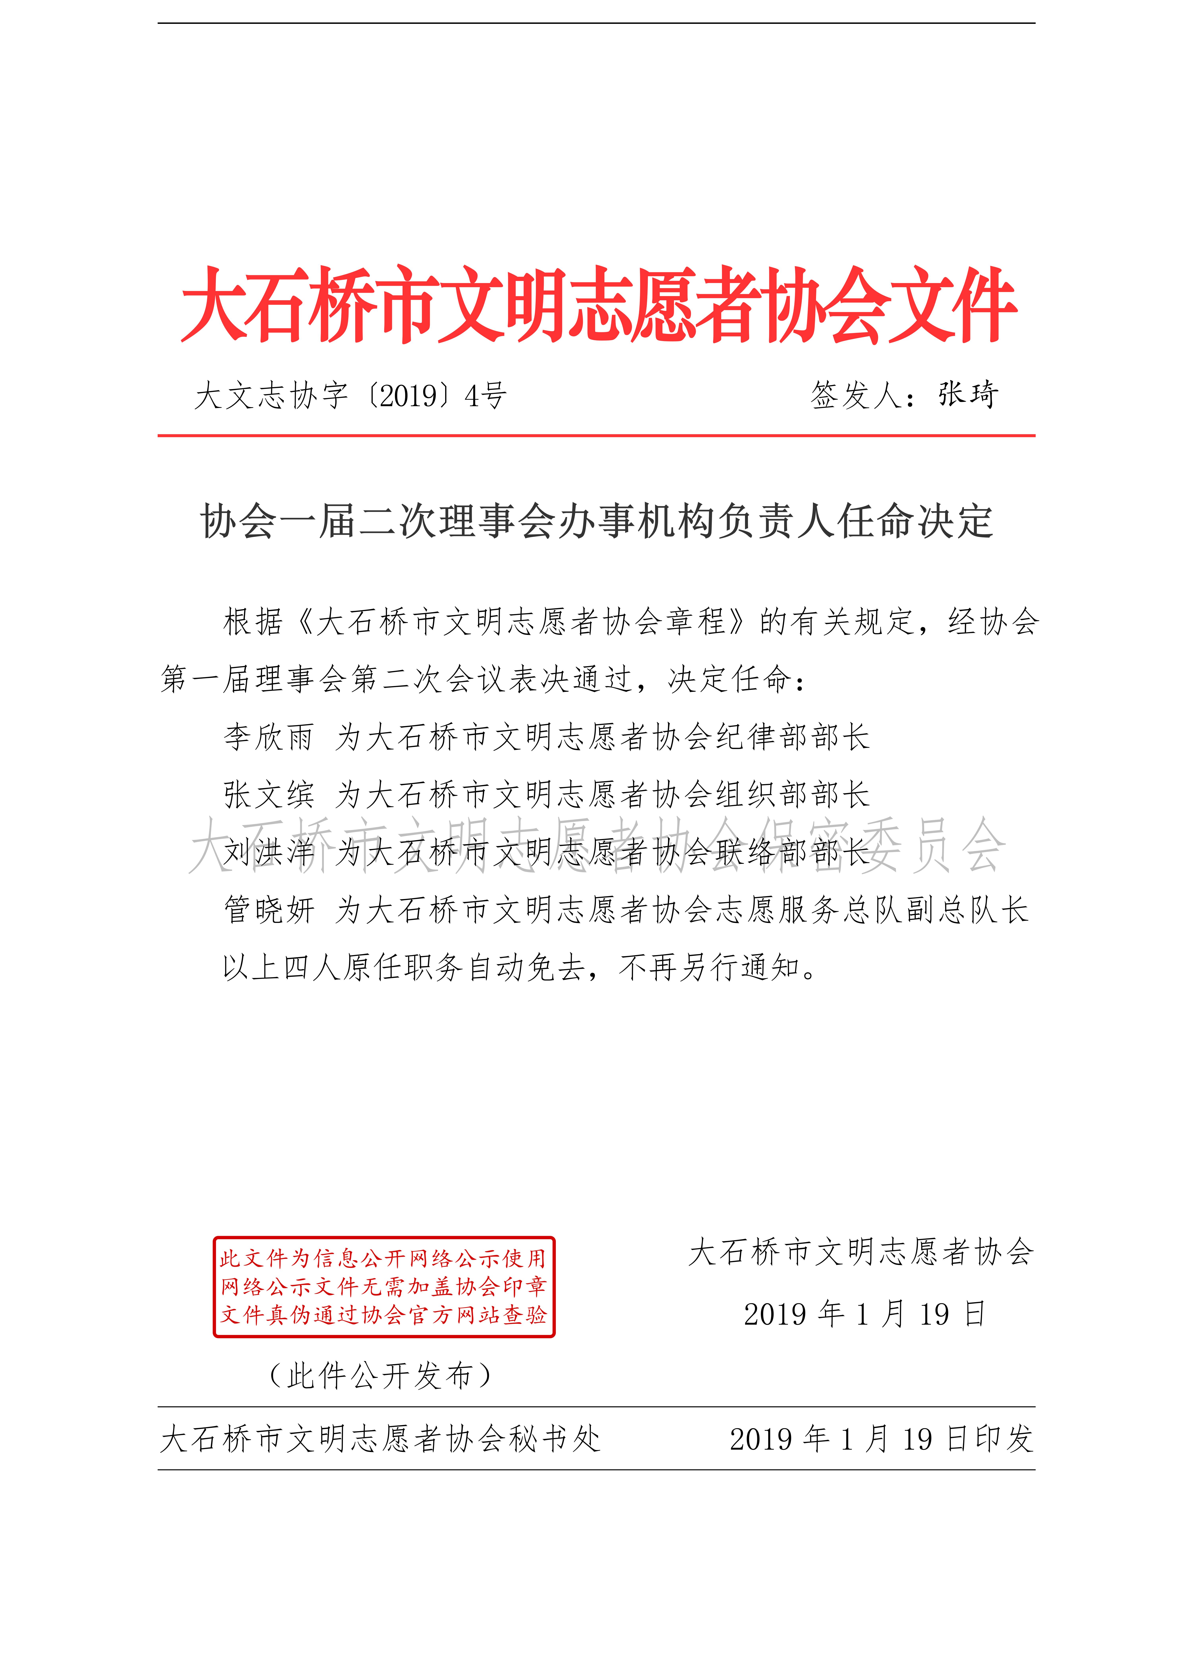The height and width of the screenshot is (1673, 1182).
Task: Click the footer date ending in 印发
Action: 881,1439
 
